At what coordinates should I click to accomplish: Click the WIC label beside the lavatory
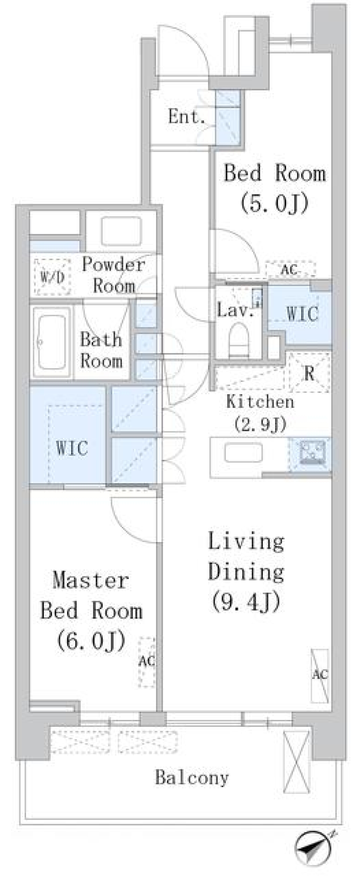click(302, 313)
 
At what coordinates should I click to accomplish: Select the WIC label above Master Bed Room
click(72, 448)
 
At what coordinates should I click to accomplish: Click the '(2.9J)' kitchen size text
click(260, 424)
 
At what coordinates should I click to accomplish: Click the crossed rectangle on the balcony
click(297, 762)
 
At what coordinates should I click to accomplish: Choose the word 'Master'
click(91, 580)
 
